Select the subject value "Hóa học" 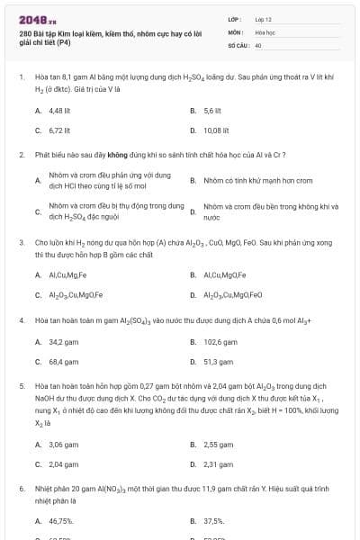coord(265,31)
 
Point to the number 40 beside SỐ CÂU coord(258,44)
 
